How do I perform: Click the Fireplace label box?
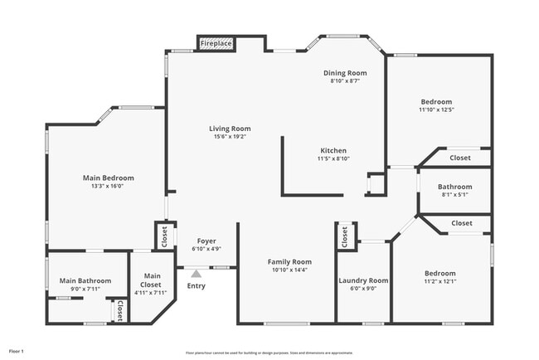click(x=216, y=43)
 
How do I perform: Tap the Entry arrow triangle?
click(x=197, y=272)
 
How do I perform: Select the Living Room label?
click(x=230, y=129)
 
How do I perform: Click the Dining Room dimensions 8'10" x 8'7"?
click(x=344, y=81)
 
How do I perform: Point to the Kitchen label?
click(x=333, y=150)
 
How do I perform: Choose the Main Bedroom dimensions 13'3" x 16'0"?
click(x=108, y=187)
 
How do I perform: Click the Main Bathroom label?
click(x=85, y=280)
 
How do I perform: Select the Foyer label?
click(x=206, y=240)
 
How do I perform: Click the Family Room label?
click(x=289, y=261)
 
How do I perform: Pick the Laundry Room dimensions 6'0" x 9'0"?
click(x=363, y=289)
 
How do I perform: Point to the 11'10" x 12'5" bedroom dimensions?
click(x=435, y=109)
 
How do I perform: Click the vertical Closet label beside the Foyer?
click(x=163, y=236)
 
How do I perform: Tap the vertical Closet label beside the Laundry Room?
click(x=344, y=237)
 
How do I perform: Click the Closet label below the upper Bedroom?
click(x=460, y=158)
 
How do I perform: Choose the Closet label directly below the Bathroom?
click(x=462, y=223)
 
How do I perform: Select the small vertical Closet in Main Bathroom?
click(x=119, y=311)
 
